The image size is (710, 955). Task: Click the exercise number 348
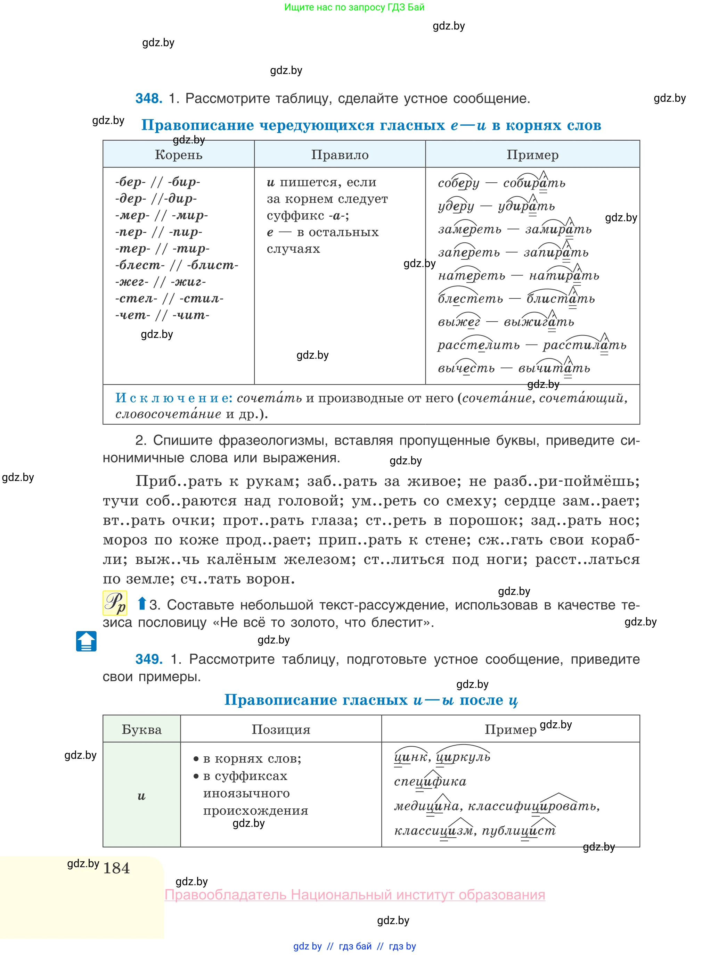click(149, 98)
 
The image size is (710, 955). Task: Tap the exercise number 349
click(149, 659)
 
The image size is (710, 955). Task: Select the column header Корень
click(178, 155)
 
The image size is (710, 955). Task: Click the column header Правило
click(340, 155)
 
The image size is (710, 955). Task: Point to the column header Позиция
click(281, 729)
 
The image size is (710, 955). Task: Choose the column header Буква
click(141, 729)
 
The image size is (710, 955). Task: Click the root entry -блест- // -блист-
click(176, 265)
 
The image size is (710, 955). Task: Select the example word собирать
click(534, 183)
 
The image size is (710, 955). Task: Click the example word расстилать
click(584, 345)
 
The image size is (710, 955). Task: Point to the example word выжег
click(459, 322)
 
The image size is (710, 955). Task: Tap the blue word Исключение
click(173, 398)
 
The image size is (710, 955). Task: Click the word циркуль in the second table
click(463, 757)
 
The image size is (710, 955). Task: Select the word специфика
click(430, 781)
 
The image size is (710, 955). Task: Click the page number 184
click(116, 868)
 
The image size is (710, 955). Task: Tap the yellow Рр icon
click(115, 603)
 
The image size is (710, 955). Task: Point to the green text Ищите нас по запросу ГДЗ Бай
click(354, 7)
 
